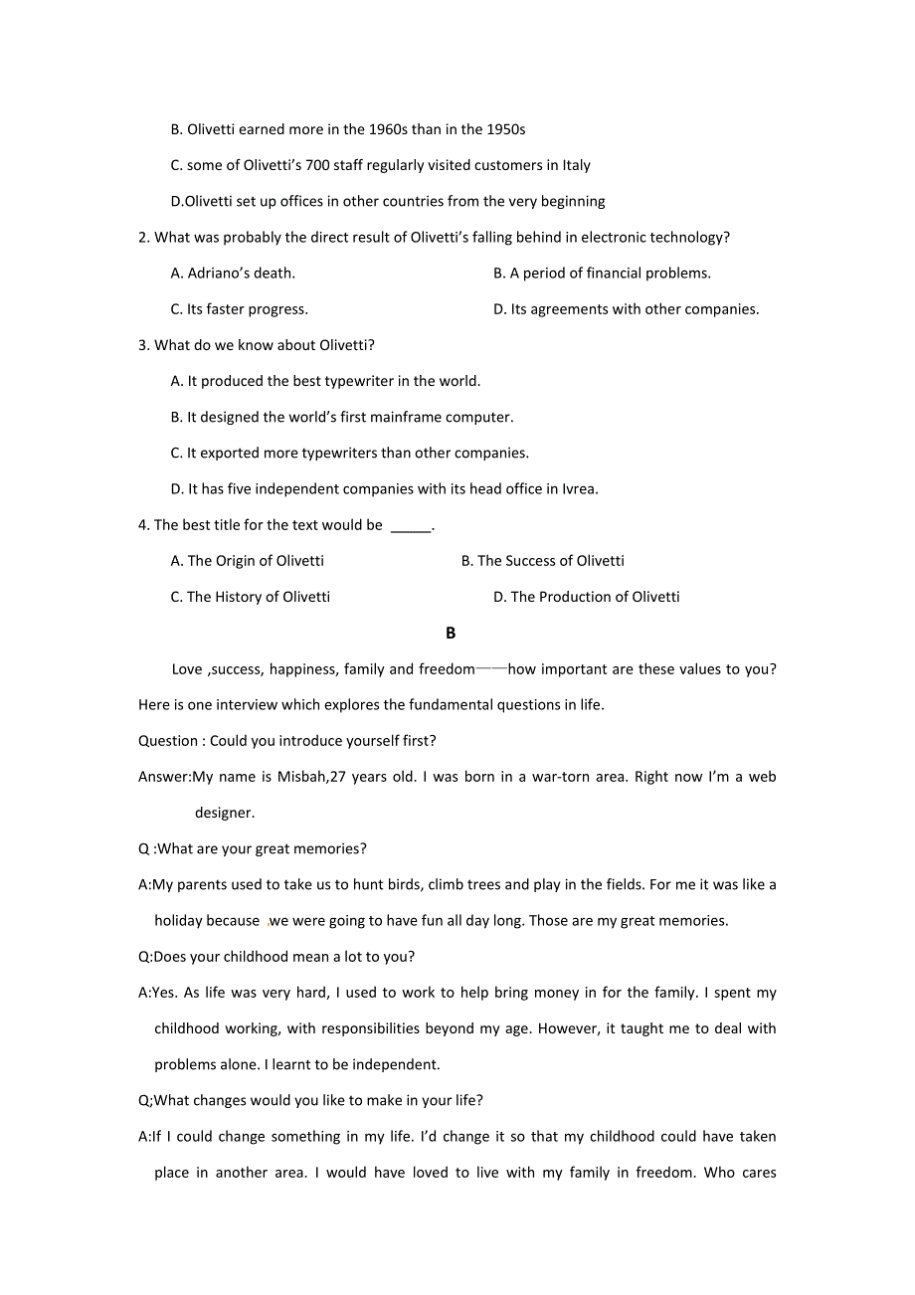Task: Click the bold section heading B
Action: pyautogui.click(x=451, y=633)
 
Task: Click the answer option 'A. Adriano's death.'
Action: pyautogui.click(x=233, y=274)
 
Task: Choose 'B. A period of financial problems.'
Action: pyautogui.click(x=602, y=274)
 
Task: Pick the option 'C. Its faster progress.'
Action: pyautogui.click(x=239, y=309)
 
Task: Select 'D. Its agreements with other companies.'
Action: pyautogui.click(x=626, y=309)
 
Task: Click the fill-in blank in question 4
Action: pyautogui.click(x=411, y=526)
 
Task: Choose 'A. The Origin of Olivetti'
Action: pyautogui.click(x=247, y=561)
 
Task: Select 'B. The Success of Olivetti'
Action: pyautogui.click(x=542, y=561)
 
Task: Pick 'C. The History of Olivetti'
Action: pyautogui.click(x=250, y=597)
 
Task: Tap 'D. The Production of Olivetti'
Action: pyautogui.click(x=586, y=597)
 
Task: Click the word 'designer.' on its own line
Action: pyautogui.click(x=225, y=813)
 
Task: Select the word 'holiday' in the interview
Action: pyautogui.click(x=181, y=921)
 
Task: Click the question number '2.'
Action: pyautogui.click(x=144, y=237)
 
